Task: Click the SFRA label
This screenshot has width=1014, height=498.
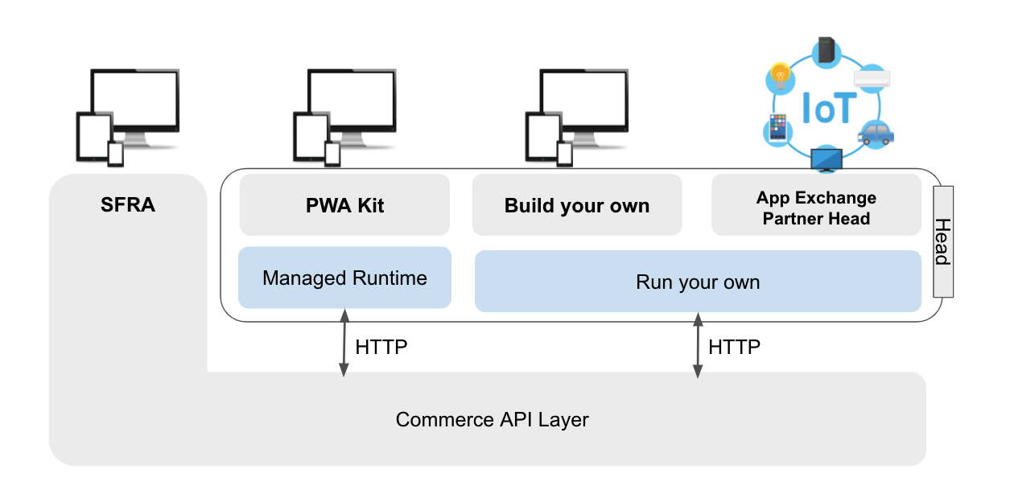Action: tap(128, 205)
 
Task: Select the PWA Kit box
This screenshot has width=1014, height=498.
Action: tap(344, 205)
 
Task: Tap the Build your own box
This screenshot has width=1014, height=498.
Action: tap(576, 205)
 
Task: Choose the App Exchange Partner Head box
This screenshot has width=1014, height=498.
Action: tap(816, 208)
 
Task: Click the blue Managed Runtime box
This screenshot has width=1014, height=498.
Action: tap(344, 278)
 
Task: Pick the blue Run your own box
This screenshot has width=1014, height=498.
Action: tap(698, 282)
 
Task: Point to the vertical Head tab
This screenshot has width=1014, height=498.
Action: tap(942, 241)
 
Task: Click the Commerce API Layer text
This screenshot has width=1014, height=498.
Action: tap(492, 419)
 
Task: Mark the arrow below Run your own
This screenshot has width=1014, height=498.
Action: tap(697, 346)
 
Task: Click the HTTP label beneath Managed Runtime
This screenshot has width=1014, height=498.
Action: tap(381, 348)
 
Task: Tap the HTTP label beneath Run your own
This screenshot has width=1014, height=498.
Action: tap(734, 347)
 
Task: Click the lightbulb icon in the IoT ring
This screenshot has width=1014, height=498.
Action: tap(779, 77)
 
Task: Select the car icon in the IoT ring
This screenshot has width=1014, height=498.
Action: tap(875, 134)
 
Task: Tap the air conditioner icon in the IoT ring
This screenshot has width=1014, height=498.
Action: tap(872, 79)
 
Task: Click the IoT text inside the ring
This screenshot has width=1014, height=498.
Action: tap(826, 108)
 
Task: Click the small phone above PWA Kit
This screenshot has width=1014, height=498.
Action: tap(332, 153)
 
